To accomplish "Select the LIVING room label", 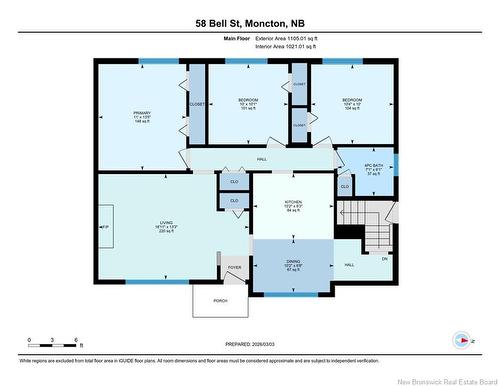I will [166, 226].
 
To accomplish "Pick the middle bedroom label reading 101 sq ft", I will [248, 103].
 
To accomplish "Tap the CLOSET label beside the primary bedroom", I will [197, 103].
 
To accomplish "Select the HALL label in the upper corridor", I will [262, 159].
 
